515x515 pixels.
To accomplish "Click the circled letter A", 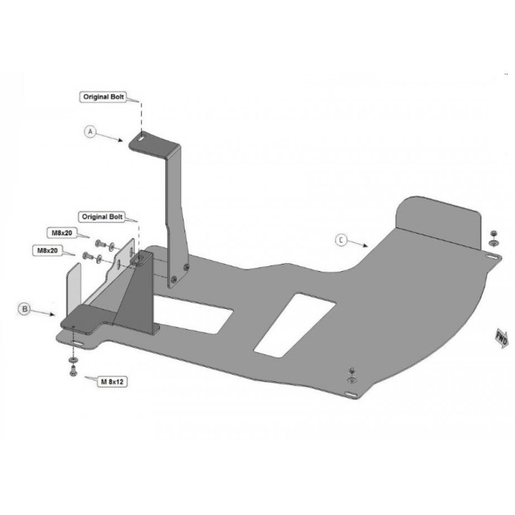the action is point(90,132).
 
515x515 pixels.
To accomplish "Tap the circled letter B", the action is point(24,309).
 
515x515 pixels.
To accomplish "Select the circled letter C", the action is point(341,240).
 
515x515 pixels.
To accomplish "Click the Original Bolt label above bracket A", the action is point(104,97).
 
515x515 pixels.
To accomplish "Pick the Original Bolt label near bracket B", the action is point(102,217).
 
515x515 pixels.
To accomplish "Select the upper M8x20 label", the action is point(62,233).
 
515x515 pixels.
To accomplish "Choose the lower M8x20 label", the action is point(47,250).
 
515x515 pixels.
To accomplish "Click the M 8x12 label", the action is point(112,382).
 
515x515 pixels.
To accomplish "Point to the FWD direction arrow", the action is point(501,338).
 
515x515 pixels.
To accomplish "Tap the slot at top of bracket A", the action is point(141,138).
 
